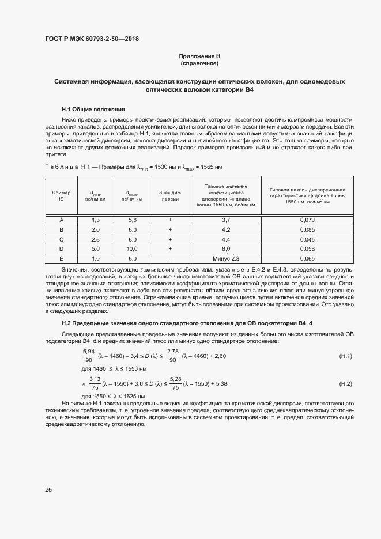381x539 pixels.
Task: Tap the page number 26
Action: click(x=48, y=490)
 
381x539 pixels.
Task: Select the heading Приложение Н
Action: click(x=199, y=56)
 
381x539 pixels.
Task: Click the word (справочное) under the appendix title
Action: click(x=199, y=63)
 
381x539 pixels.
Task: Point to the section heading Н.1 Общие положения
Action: click(x=93, y=109)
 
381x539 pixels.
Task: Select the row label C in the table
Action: click(x=61, y=239)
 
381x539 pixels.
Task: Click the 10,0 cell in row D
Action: click(x=133, y=249)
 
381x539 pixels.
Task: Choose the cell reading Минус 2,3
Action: click(x=225, y=259)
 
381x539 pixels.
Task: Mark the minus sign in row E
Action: click(x=170, y=259)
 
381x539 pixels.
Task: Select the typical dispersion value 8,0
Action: click(x=225, y=249)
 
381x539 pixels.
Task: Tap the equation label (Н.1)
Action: click(x=345, y=357)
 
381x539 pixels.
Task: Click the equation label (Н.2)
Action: click(x=345, y=383)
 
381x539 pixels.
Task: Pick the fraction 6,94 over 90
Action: click(x=89, y=356)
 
